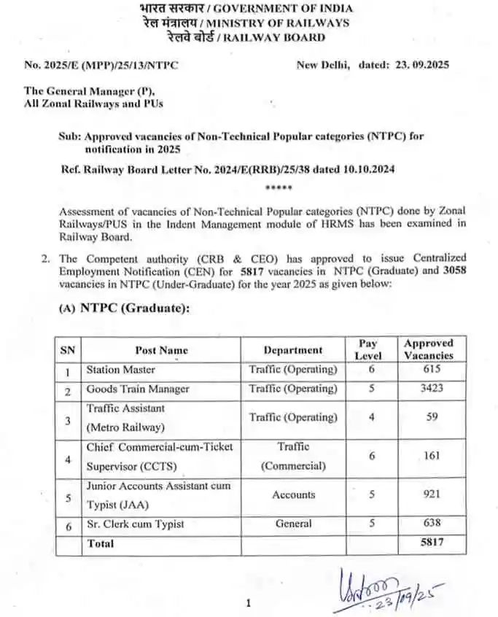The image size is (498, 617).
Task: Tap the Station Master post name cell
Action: pos(121,370)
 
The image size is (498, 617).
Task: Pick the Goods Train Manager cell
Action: pos(138,389)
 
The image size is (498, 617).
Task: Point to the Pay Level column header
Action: pos(368,349)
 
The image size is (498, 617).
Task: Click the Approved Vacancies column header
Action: pos(429,349)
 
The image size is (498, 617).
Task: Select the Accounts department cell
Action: pos(293,494)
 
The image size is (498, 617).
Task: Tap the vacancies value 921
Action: pos(431,494)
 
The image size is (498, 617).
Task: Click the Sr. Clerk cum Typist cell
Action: pos(136,524)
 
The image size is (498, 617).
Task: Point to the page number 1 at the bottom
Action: pos(249,603)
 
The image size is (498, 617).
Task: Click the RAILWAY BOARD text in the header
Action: pos(284,37)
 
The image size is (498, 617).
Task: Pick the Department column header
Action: pos(293,350)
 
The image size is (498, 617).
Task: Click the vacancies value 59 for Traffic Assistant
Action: pos(431,417)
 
